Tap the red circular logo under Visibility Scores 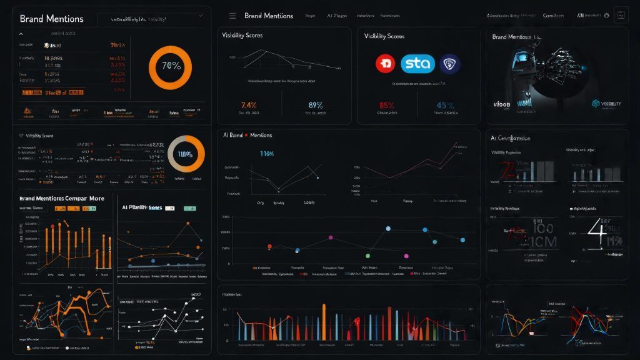pyautogui.click(x=386, y=64)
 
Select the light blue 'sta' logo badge pyautogui.click(x=417, y=64)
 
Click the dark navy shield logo pyautogui.click(x=449, y=64)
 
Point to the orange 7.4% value pyautogui.click(x=249, y=104)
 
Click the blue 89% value pyautogui.click(x=316, y=104)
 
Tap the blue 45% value pyautogui.click(x=446, y=104)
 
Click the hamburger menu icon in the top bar pyautogui.click(x=232, y=16)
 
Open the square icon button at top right pyautogui.click(x=621, y=16)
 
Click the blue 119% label pyautogui.click(x=266, y=153)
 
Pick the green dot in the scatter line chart pyautogui.click(x=367, y=256)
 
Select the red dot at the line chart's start pyautogui.click(x=270, y=246)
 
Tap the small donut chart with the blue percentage pyautogui.click(x=186, y=154)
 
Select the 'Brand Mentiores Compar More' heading pyautogui.click(x=61, y=198)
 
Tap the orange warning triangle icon pyautogui.click(x=27, y=112)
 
